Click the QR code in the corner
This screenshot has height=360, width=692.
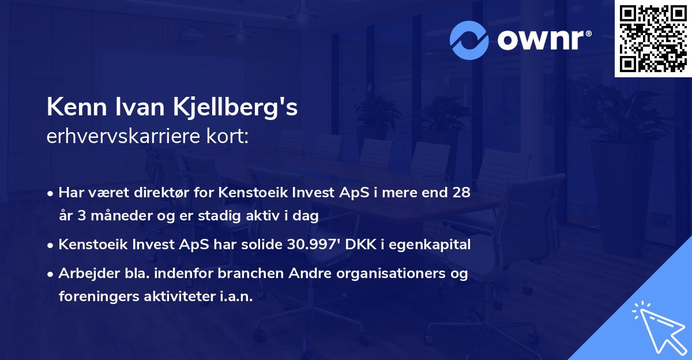[x=653, y=39]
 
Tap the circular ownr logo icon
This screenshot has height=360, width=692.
[x=470, y=40]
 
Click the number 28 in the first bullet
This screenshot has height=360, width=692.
[x=461, y=192]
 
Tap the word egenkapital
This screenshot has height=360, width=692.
[x=435, y=245]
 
